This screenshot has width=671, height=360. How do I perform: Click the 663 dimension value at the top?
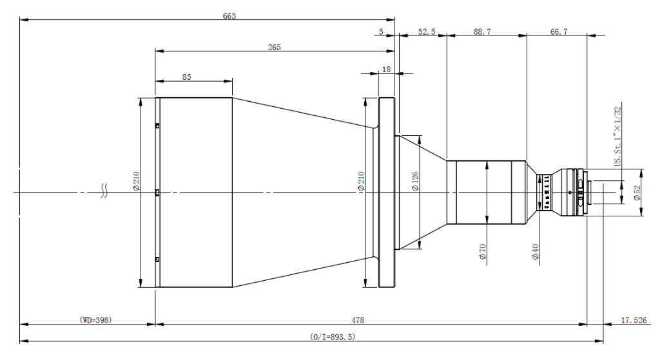(x=229, y=17)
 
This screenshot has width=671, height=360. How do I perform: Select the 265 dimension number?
(x=275, y=48)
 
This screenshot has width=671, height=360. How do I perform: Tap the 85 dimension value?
(x=186, y=76)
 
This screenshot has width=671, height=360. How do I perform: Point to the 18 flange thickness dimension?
(x=386, y=68)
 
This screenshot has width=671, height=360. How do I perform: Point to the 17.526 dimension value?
(x=634, y=319)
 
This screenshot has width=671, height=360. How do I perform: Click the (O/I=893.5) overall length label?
(x=333, y=336)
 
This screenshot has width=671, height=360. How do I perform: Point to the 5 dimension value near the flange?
(x=381, y=31)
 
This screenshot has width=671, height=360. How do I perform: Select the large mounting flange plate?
(x=386, y=192)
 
